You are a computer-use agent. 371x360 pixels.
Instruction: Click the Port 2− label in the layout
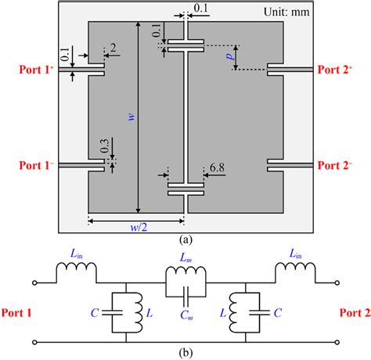[338, 165]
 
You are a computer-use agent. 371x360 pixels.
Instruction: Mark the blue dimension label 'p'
[229, 57]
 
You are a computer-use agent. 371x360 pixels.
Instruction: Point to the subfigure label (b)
[185, 352]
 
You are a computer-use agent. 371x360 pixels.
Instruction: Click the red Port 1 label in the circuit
[17, 313]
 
